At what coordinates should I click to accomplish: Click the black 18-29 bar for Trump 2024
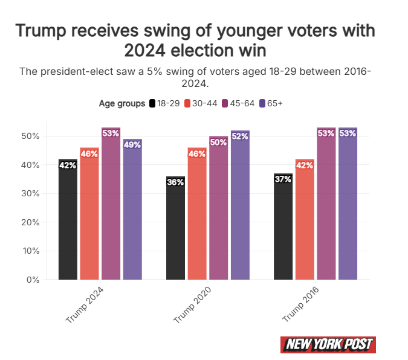68,220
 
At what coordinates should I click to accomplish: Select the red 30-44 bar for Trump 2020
197,214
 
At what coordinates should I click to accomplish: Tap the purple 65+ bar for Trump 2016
348,205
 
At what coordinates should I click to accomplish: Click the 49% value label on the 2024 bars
132,144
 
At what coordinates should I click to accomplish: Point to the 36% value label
175,182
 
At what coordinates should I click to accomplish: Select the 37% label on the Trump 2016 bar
283,179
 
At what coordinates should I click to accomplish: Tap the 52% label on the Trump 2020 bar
240,136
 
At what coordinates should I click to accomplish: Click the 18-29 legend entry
164,103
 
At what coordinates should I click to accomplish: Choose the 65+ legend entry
270,103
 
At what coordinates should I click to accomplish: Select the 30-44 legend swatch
187,103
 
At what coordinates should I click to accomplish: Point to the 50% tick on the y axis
31,136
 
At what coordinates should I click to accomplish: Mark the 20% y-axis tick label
31,222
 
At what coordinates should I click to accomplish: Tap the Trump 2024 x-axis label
84,306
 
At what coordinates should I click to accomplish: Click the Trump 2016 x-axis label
300,306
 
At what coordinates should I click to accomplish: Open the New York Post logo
328,345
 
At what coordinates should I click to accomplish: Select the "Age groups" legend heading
121,103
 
